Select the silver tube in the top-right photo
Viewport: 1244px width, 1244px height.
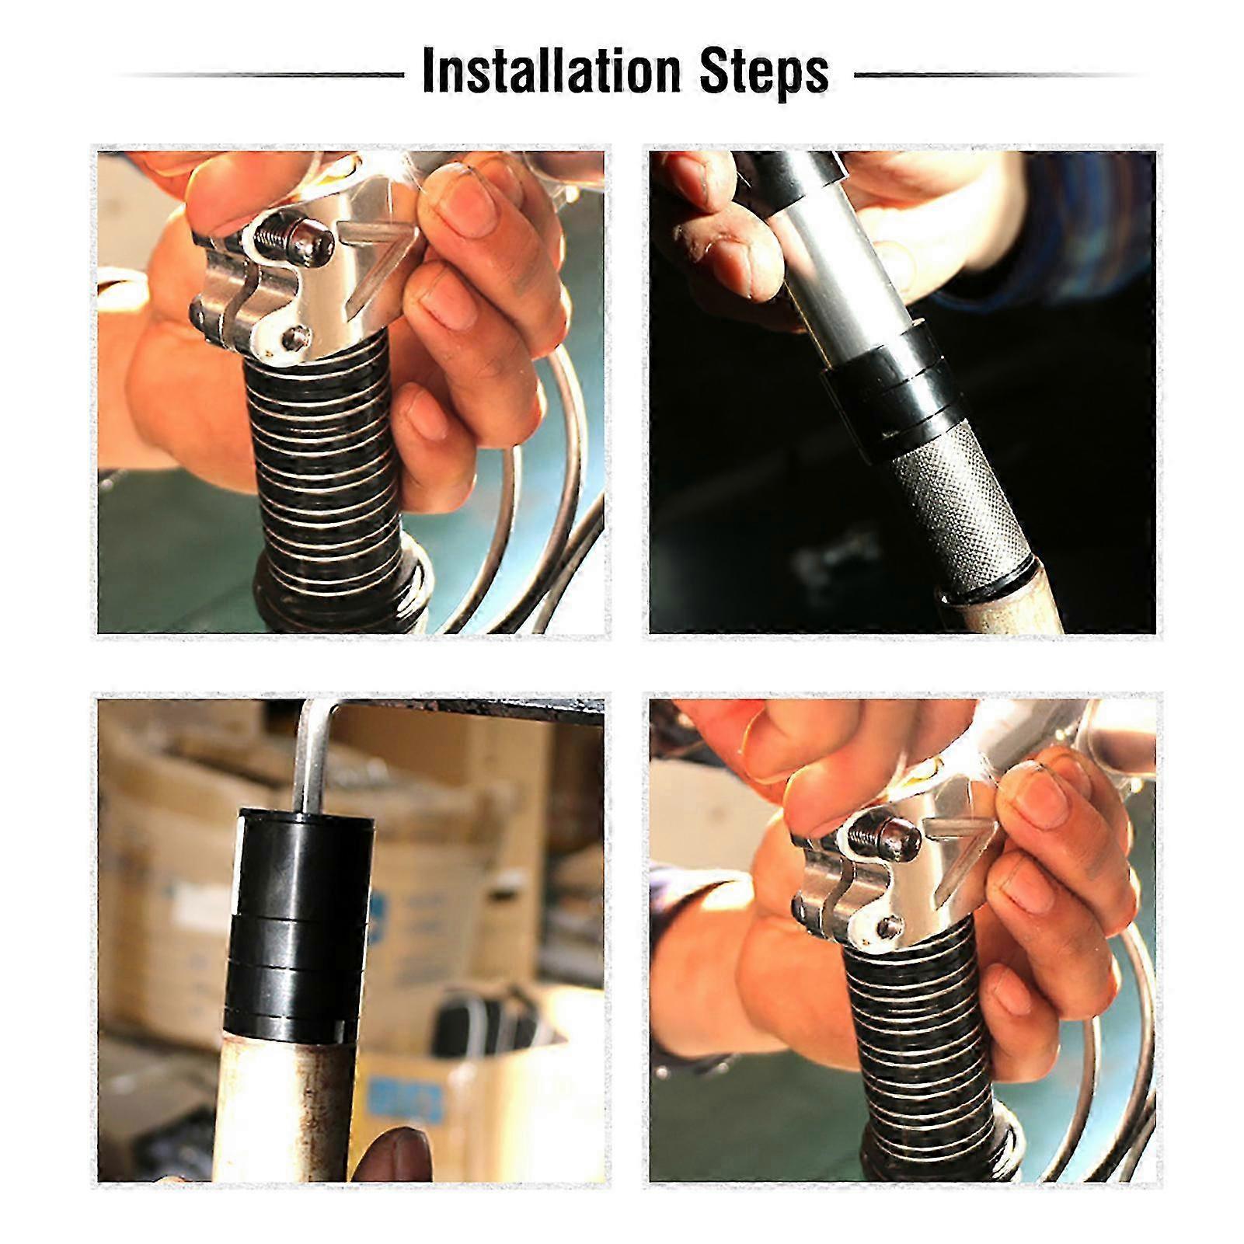(x=839, y=264)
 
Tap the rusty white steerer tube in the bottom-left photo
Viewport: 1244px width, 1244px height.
(x=287, y=1103)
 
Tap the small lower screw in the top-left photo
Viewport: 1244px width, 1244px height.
(x=293, y=336)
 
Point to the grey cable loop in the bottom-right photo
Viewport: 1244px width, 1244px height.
(x=1103, y=1072)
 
